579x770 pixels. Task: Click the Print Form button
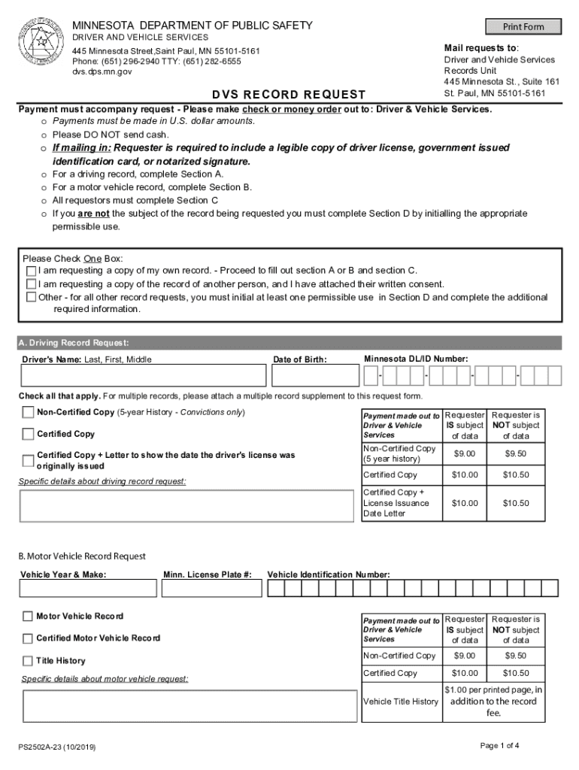click(x=523, y=26)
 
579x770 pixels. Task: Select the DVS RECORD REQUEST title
click(x=288, y=95)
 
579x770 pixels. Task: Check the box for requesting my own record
click(x=31, y=271)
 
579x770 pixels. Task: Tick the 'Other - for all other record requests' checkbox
click(x=31, y=298)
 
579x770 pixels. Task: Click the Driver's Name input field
click(x=143, y=375)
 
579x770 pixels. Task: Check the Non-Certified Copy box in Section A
click(x=28, y=412)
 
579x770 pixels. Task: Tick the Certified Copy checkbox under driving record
click(x=28, y=434)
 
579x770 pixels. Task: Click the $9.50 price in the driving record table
click(x=516, y=453)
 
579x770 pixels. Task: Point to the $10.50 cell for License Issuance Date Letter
click(x=516, y=503)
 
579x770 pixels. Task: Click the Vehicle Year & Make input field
click(x=88, y=587)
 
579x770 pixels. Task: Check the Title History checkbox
click(x=28, y=661)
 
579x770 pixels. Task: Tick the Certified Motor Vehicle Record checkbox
click(x=28, y=638)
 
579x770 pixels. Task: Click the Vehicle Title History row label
click(x=401, y=702)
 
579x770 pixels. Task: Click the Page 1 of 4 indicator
click(x=499, y=745)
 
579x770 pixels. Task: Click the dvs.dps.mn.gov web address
click(x=102, y=71)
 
